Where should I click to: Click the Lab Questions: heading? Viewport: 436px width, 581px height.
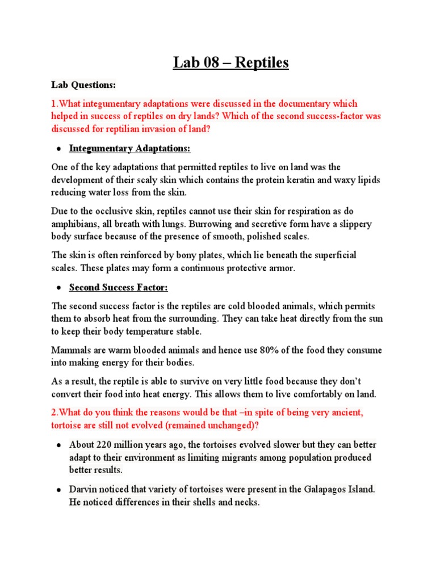pos(83,85)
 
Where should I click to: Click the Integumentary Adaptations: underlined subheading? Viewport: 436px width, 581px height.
pos(130,149)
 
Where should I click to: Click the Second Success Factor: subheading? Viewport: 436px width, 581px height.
pos(119,288)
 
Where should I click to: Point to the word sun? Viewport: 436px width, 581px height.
pos(374,319)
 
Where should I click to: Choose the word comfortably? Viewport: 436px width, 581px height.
pos(304,394)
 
